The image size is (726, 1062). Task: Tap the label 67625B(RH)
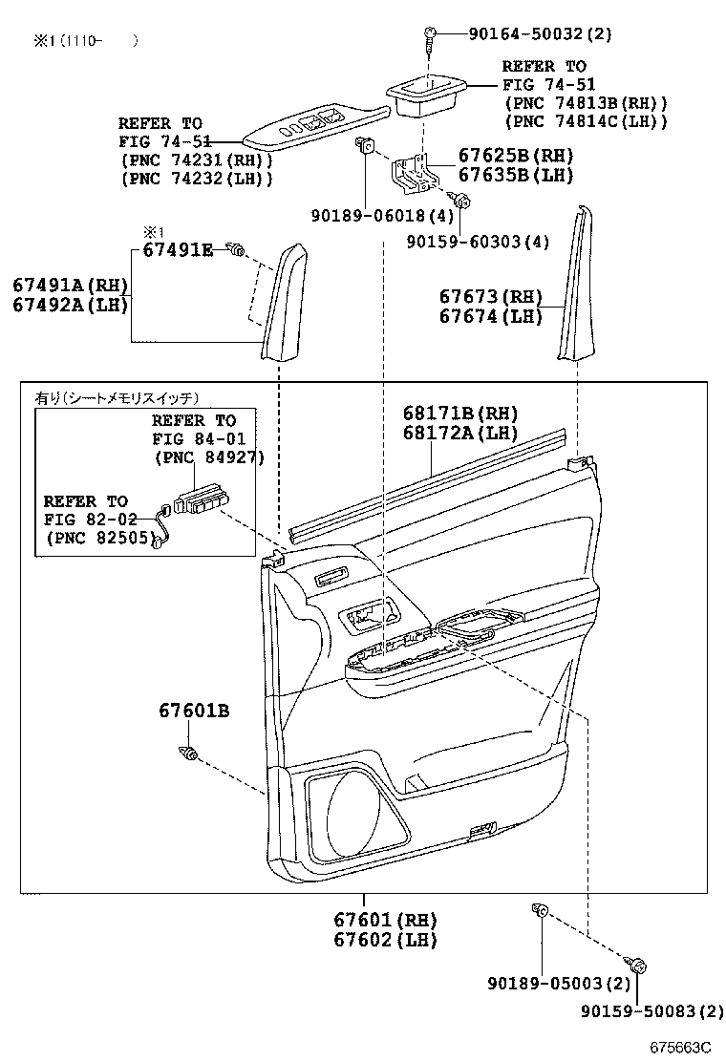516,157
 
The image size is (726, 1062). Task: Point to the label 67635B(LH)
516,175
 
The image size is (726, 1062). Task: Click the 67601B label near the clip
194,711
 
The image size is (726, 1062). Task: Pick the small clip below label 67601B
188,754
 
